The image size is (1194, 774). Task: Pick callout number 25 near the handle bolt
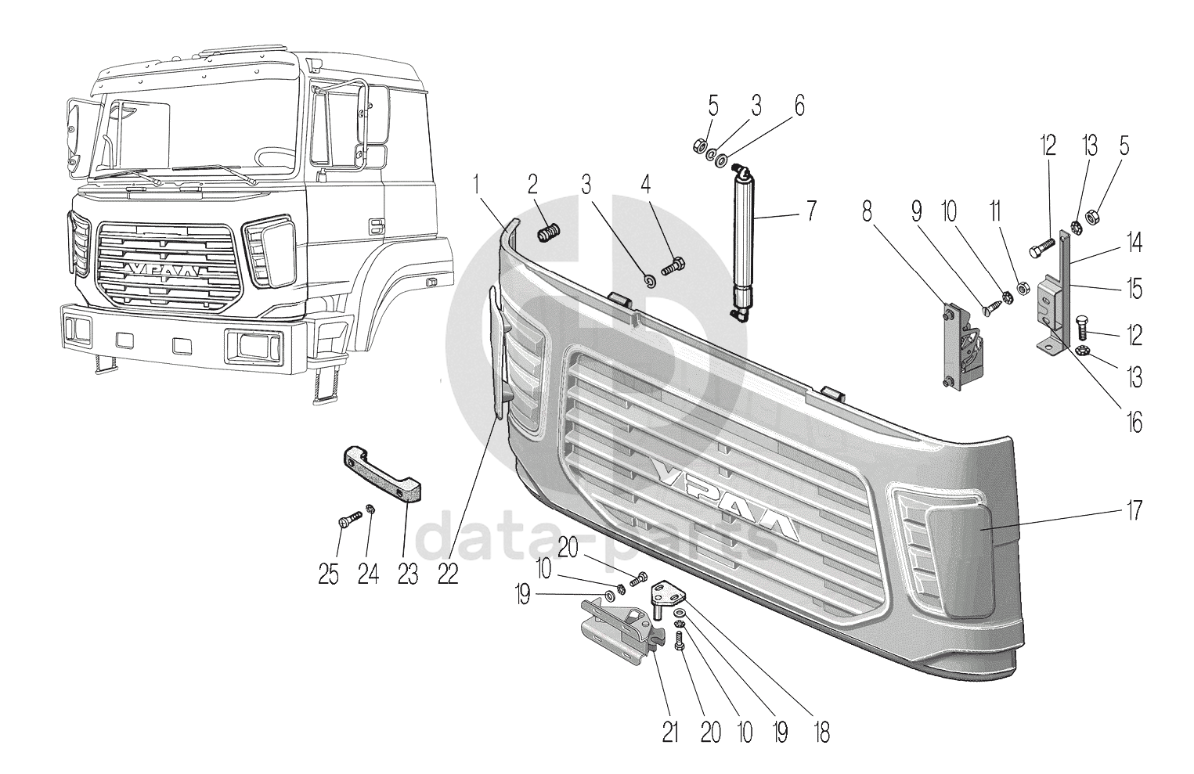[x=329, y=574]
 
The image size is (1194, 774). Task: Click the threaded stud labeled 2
[x=550, y=232]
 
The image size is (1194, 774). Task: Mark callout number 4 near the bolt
[x=645, y=185]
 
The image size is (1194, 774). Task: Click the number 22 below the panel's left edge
[x=447, y=574]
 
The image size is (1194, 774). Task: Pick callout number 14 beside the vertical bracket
[x=1134, y=244]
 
